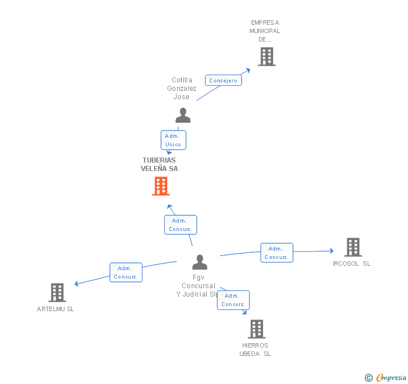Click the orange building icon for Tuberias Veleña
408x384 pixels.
coord(161,186)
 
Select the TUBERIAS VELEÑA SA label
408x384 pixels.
coord(160,164)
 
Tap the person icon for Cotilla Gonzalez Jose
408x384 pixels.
coord(183,115)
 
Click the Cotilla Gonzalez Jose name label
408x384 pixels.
coord(182,89)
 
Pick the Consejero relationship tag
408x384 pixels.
coord(223,81)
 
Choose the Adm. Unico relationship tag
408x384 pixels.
coord(173,140)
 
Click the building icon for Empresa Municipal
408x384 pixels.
coord(266,57)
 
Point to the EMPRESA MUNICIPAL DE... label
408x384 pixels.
coord(265,31)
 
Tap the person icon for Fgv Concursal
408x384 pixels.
coord(200,262)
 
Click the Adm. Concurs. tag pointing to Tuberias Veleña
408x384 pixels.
coord(180,225)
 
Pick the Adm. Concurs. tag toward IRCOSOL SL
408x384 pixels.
coord(276,253)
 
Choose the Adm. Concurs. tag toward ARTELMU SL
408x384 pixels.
coord(126,272)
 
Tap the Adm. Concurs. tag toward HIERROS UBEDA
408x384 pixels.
coord(233,300)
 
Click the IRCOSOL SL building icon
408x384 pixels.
coord(353,247)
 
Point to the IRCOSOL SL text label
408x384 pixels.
coord(351,263)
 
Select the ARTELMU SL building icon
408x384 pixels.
coord(57,292)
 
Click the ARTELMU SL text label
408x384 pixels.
coord(55,309)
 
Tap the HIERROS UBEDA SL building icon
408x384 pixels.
coord(257,329)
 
